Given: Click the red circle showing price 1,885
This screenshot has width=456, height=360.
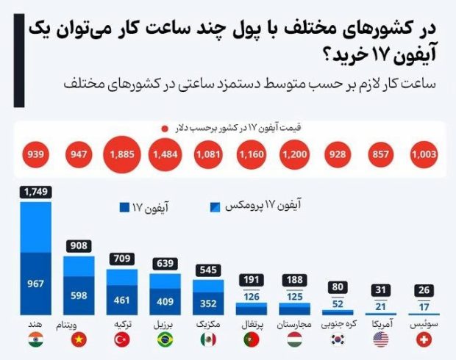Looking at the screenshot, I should pos(121,155).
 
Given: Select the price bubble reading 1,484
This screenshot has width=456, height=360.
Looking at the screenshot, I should pos(165,155).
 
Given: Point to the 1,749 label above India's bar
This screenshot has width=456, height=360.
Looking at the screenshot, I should pos(35,192).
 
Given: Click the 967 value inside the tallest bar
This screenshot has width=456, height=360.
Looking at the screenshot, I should pos(35,283).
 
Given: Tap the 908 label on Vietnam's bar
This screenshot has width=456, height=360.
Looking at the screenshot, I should pos(78,247).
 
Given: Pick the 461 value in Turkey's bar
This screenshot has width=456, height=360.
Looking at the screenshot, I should pos(121,300).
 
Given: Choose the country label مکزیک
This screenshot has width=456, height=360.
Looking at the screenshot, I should pos(208,323).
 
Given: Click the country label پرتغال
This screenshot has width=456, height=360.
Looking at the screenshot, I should pos(252,323).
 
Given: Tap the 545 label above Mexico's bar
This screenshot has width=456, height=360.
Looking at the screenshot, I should pos(208,268).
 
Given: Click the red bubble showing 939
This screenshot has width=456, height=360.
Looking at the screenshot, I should pos(35,155).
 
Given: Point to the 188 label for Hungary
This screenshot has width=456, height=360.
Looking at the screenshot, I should pos(296,281).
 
